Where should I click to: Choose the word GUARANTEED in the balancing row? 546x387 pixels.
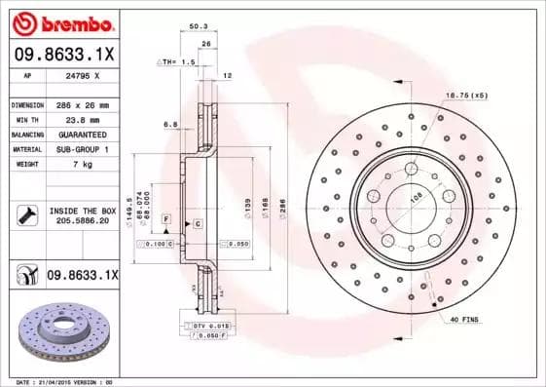coord(82,135)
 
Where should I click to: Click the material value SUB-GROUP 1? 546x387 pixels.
coord(83,149)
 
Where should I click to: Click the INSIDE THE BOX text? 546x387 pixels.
coord(83,211)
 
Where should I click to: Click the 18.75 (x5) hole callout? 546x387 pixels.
coord(465,95)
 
